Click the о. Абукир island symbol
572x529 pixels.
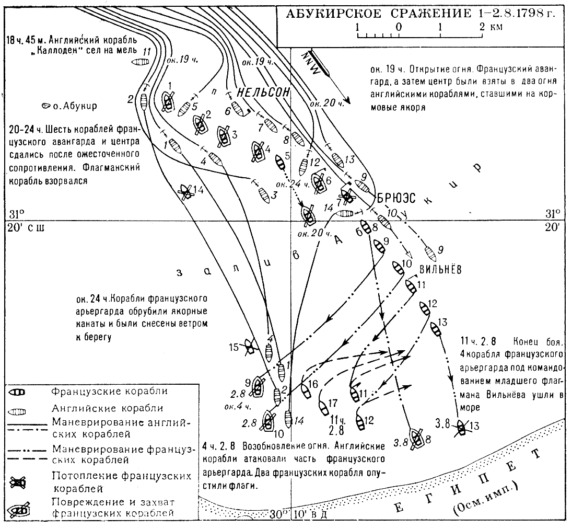(x=45, y=106)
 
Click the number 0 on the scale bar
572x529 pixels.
(x=399, y=27)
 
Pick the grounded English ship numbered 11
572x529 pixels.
(x=140, y=62)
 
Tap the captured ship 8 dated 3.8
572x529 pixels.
(x=417, y=438)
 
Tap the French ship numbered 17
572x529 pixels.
(x=323, y=406)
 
